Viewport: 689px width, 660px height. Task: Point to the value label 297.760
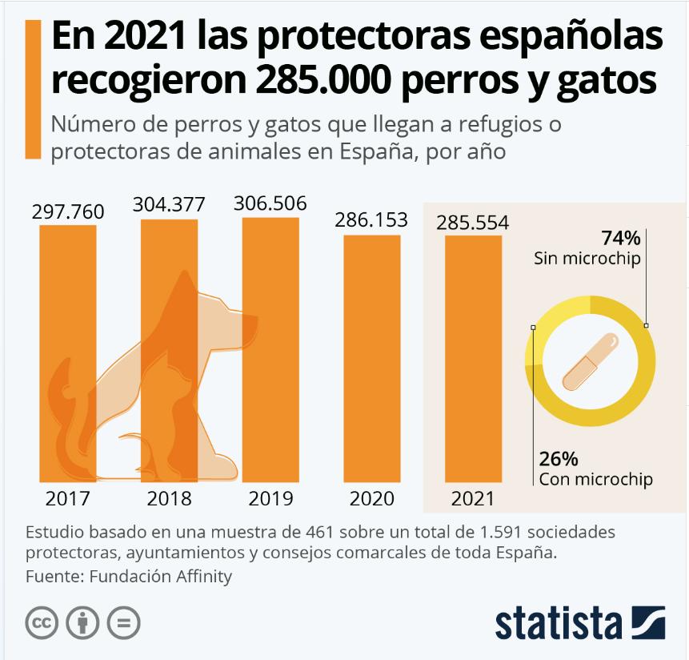coord(68,211)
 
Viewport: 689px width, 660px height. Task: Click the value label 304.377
coord(169,205)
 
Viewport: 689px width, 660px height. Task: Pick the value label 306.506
coord(270,203)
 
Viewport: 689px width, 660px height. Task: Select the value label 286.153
coord(372,219)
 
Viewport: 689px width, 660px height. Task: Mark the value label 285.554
coord(473,222)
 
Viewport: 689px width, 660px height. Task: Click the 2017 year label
coord(68,499)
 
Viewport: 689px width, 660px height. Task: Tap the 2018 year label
coord(169,499)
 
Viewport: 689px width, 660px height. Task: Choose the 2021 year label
coord(473,499)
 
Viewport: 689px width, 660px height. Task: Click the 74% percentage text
coord(620,238)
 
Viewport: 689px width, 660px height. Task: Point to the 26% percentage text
coord(559,459)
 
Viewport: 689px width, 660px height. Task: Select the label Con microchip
coord(595,480)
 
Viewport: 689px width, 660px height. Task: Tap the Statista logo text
coord(558,622)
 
